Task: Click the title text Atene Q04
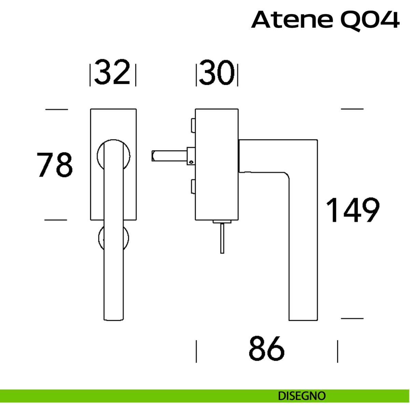click(325, 20)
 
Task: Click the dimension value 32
click(112, 72)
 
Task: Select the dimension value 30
click(217, 72)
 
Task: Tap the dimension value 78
click(55, 164)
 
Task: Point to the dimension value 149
click(353, 209)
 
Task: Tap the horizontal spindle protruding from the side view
click(169, 156)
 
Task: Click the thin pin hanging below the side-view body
click(222, 238)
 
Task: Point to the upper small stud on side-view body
click(193, 125)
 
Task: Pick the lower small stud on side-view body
click(193, 187)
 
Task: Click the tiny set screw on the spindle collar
click(191, 162)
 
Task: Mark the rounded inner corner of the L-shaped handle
click(287, 175)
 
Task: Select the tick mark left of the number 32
click(90, 75)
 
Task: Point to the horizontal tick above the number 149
click(352, 109)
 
